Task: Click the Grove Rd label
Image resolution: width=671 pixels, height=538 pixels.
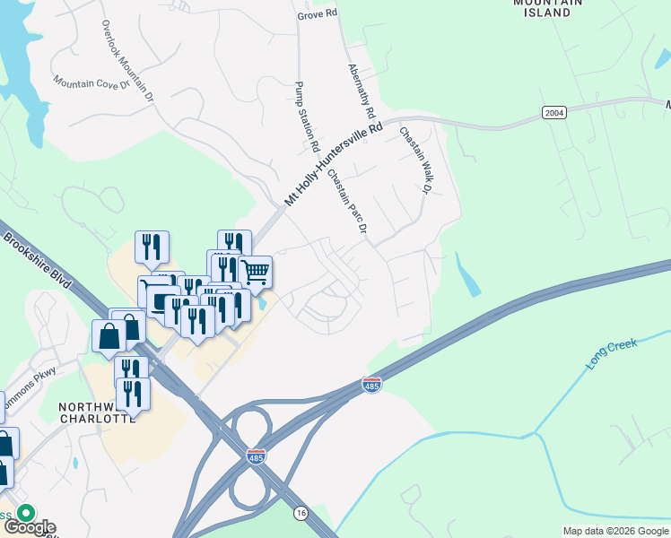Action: pos(318,14)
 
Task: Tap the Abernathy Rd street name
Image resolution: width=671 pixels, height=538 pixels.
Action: pos(360,92)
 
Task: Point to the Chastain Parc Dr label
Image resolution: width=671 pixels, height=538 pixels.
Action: pos(347,202)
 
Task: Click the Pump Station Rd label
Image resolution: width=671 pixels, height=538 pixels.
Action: pos(307,116)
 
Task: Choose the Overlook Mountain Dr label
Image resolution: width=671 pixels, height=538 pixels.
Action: pos(126,57)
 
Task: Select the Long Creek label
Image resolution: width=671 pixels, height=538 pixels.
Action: pos(610,351)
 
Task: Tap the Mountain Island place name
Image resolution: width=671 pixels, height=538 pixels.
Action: pos(542,8)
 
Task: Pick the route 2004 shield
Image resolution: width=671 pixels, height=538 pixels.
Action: pos(553,112)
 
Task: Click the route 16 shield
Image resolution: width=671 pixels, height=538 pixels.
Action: pos(301,513)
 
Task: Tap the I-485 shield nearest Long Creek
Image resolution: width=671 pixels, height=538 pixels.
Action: pos(371,384)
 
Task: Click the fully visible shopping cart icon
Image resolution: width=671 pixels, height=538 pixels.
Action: pos(255,273)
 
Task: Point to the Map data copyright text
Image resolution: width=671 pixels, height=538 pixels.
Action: pos(615,531)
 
